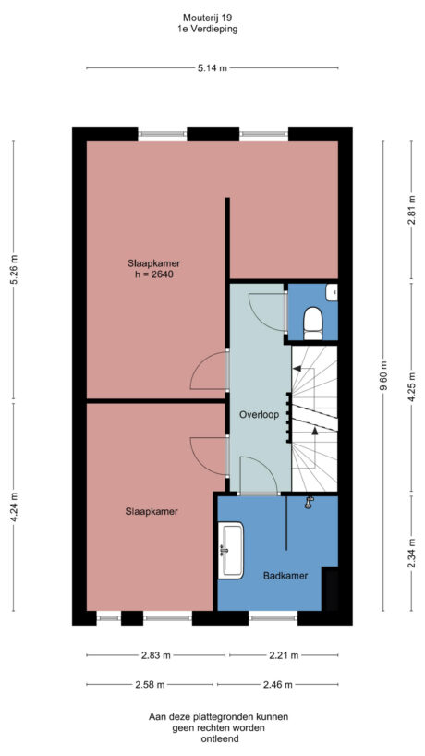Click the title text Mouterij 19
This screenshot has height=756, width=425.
point(207,18)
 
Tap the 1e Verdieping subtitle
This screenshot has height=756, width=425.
point(207,30)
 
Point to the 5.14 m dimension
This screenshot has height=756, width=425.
point(212,67)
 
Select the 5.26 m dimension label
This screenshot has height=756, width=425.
point(13,269)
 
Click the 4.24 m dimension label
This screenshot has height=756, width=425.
point(13,506)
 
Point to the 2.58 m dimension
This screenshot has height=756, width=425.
point(149,684)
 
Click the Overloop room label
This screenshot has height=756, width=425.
point(259,415)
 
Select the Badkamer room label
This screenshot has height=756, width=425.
point(285,575)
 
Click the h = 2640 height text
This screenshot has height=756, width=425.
point(152,274)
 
